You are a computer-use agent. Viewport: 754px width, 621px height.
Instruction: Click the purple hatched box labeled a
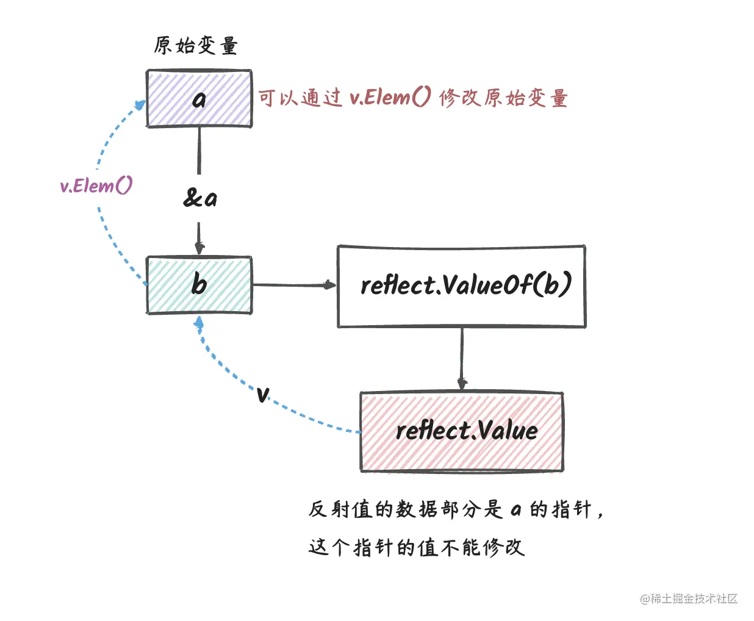(199, 99)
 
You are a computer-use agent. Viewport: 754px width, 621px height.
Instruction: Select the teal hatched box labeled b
(199, 285)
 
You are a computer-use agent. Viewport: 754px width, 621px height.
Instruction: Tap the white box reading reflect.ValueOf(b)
(462, 286)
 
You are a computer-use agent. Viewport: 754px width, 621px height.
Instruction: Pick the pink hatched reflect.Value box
(462, 432)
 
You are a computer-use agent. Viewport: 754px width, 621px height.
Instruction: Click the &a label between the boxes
(200, 198)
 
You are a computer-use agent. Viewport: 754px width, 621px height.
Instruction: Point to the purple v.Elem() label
(96, 185)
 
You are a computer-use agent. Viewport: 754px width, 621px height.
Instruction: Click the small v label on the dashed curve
(262, 394)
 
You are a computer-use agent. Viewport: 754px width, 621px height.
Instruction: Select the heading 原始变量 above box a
(196, 46)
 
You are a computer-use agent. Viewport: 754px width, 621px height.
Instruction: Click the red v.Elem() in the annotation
(390, 98)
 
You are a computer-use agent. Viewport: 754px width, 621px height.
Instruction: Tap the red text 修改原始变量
(503, 98)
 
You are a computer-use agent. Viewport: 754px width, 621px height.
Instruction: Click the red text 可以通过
(300, 98)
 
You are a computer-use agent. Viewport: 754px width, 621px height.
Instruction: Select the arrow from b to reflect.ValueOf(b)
(293, 285)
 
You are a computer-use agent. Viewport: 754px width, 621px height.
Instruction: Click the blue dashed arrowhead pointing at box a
(140, 105)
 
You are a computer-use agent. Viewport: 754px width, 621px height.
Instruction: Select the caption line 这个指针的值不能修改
(416, 547)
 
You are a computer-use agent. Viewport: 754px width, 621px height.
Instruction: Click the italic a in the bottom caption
(516, 509)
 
